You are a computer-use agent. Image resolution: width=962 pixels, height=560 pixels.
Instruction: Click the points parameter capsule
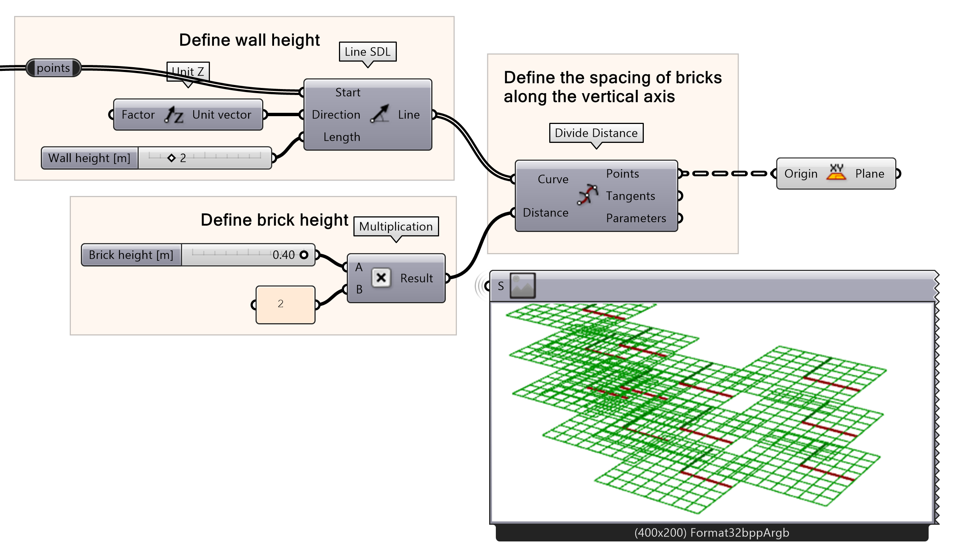[x=53, y=68]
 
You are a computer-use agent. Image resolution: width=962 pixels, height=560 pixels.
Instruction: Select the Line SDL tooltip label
[x=368, y=52]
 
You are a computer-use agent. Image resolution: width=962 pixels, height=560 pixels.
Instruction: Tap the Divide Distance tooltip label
[x=596, y=133]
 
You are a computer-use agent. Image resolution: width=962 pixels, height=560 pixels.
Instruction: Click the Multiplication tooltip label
[x=396, y=226]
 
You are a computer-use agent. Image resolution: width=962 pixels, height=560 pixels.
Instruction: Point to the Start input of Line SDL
[x=347, y=92]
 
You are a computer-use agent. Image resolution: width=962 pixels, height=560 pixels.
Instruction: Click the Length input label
[x=342, y=137]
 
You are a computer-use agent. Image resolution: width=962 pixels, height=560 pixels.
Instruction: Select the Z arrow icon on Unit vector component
[x=174, y=115]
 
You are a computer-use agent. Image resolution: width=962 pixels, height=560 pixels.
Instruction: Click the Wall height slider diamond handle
[x=171, y=158]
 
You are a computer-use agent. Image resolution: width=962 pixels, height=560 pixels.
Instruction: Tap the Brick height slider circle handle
[x=304, y=255]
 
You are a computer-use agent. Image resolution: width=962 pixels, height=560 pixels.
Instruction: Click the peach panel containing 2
[x=285, y=304]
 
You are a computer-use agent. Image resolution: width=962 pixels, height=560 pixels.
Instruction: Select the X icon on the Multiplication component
[x=380, y=278]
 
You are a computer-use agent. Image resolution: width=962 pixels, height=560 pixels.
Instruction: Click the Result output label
[x=416, y=278]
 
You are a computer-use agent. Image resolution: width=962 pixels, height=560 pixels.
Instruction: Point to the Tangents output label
[x=630, y=196]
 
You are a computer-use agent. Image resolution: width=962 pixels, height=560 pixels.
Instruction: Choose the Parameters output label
[x=636, y=218]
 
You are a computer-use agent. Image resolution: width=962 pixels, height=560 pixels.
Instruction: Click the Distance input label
[x=546, y=212]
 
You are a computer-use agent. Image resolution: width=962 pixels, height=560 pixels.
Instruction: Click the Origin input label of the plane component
[x=801, y=173]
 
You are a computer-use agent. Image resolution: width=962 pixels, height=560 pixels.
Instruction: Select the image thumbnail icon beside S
[x=523, y=285]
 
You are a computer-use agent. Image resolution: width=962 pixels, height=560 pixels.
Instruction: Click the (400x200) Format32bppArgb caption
[x=712, y=533]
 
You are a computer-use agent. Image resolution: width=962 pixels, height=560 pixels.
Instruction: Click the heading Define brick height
[x=274, y=220]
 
